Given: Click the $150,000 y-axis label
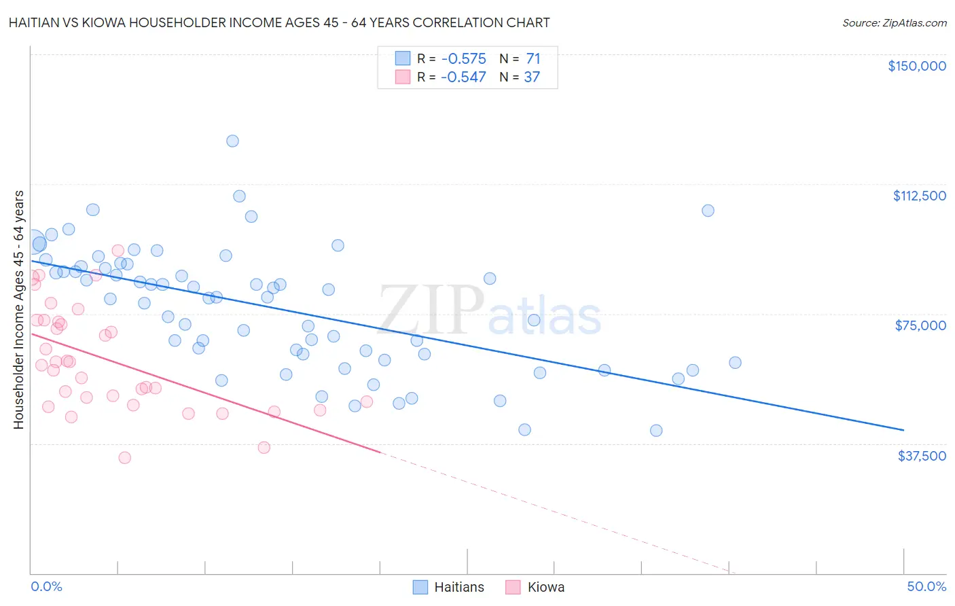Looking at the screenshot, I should pos(916,66).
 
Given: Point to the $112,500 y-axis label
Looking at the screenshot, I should pos(919,196).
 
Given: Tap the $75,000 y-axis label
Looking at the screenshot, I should pos(920,325).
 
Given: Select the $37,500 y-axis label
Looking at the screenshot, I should pos(922,456).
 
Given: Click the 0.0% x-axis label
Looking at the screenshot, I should pos(46,586).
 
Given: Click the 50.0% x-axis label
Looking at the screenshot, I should pos(926,586).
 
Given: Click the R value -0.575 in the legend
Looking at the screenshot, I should pos(463,59).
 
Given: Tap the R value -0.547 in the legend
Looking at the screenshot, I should pos(463,77).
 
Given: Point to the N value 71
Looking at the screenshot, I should pos(533,59).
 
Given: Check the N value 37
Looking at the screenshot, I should pos(531,77).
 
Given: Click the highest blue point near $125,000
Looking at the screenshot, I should pos(232,141).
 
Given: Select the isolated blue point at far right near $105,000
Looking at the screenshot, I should pos(708,211).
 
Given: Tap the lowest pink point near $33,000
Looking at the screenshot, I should pos(124,458).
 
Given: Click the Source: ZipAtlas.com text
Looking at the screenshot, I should pos(894,23).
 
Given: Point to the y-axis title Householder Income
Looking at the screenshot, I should pos(19,309).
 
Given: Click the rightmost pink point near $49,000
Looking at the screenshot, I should pos(367,402).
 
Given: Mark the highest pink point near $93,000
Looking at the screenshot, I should pos(118,251).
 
